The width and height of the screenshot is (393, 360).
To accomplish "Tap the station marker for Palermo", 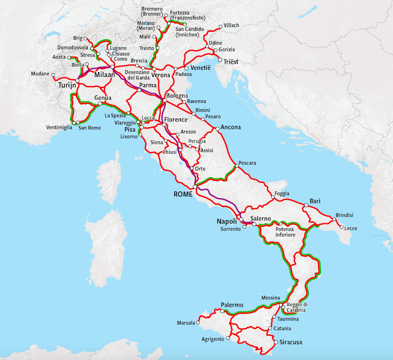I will point(222,311).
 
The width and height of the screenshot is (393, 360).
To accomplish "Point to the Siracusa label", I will point(292,343).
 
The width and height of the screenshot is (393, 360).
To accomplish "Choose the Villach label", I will point(232,25).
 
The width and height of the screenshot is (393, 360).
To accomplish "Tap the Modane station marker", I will point(53,75).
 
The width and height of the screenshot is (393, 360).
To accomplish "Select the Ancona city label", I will point(231,127).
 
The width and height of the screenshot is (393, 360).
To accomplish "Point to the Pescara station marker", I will point(236,166).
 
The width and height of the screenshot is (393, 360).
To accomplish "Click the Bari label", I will point(315,201).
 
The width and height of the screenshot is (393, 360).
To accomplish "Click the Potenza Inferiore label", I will point(285,232).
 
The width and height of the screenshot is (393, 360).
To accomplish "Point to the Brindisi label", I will point(344,215).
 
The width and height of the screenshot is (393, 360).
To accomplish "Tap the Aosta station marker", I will point(69,57).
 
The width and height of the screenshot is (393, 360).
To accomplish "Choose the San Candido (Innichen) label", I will point(191,32).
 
